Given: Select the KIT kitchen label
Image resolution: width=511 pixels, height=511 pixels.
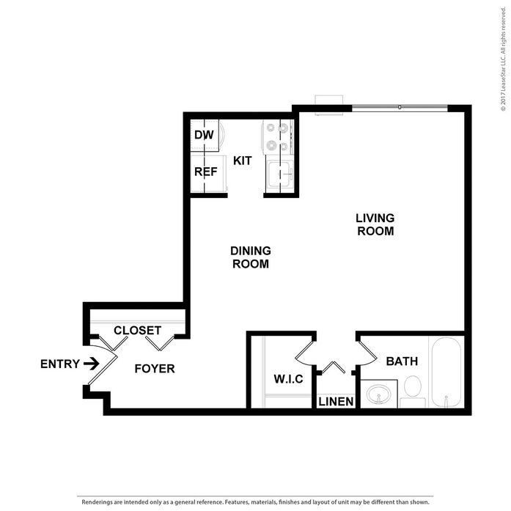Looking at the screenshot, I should (x=243, y=160).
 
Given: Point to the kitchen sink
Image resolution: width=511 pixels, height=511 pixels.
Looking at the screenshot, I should (x=279, y=174).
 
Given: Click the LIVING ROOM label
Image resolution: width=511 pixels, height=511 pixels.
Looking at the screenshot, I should (x=375, y=224).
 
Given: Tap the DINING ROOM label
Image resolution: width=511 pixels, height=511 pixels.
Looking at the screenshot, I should (x=251, y=257).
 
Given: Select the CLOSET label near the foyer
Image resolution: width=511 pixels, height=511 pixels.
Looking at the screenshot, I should (x=137, y=331).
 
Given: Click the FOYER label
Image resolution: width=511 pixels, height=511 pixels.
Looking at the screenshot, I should (x=155, y=368).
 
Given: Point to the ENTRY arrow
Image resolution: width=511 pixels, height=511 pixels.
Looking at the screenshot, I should (x=92, y=363).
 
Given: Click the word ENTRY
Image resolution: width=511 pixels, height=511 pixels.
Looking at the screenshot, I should (x=60, y=364).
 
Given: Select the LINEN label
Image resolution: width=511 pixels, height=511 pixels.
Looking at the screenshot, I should (x=337, y=402).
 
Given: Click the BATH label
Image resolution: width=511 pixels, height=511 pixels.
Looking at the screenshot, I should (x=402, y=361).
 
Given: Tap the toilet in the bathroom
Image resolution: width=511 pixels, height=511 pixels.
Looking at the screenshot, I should (x=412, y=389).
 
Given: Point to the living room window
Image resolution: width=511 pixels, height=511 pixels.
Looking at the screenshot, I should (x=399, y=108).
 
